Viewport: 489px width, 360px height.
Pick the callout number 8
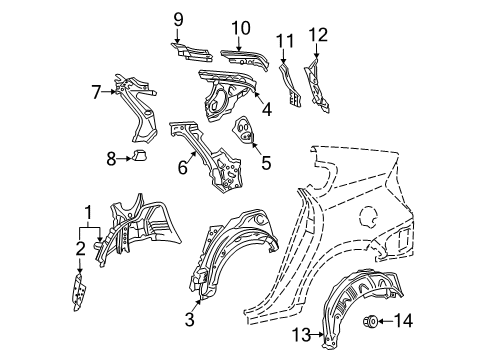pyautogui.click(x=113, y=156)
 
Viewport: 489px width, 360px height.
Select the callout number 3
pyautogui.click(x=190, y=320)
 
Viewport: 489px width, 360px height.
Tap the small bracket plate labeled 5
pyautogui.click(x=242, y=130)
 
